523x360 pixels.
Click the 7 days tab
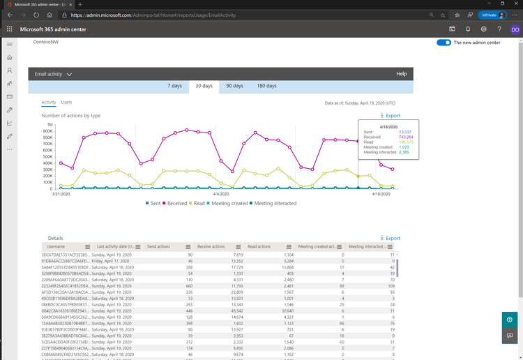tap(175, 86)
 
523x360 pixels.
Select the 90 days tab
tap(234, 86)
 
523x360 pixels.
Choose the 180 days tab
tap(266, 86)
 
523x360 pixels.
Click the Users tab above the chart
tap(66, 103)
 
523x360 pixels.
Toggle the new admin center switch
tap(443, 43)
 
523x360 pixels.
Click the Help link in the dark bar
tap(401, 73)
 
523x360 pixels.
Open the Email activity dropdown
tap(54, 73)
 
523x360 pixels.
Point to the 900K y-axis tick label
tap(47, 130)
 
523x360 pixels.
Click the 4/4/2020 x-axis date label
tap(220, 195)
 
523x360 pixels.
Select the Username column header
tap(55, 247)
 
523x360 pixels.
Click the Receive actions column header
tap(212, 247)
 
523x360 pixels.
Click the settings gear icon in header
tap(484, 29)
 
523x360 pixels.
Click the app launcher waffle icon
tap(10, 29)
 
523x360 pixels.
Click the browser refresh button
tap(36, 14)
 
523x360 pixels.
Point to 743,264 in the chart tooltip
tap(405, 137)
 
